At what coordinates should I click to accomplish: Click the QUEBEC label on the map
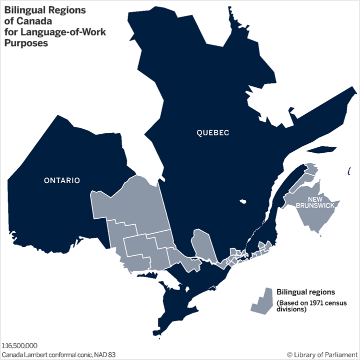click(212, 133)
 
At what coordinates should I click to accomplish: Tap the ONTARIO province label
click(61, 180)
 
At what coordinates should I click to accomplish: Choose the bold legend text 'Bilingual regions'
click(305, 292)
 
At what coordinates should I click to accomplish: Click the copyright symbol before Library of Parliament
click(290, 355)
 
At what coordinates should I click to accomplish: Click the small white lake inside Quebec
click(243, 202)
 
